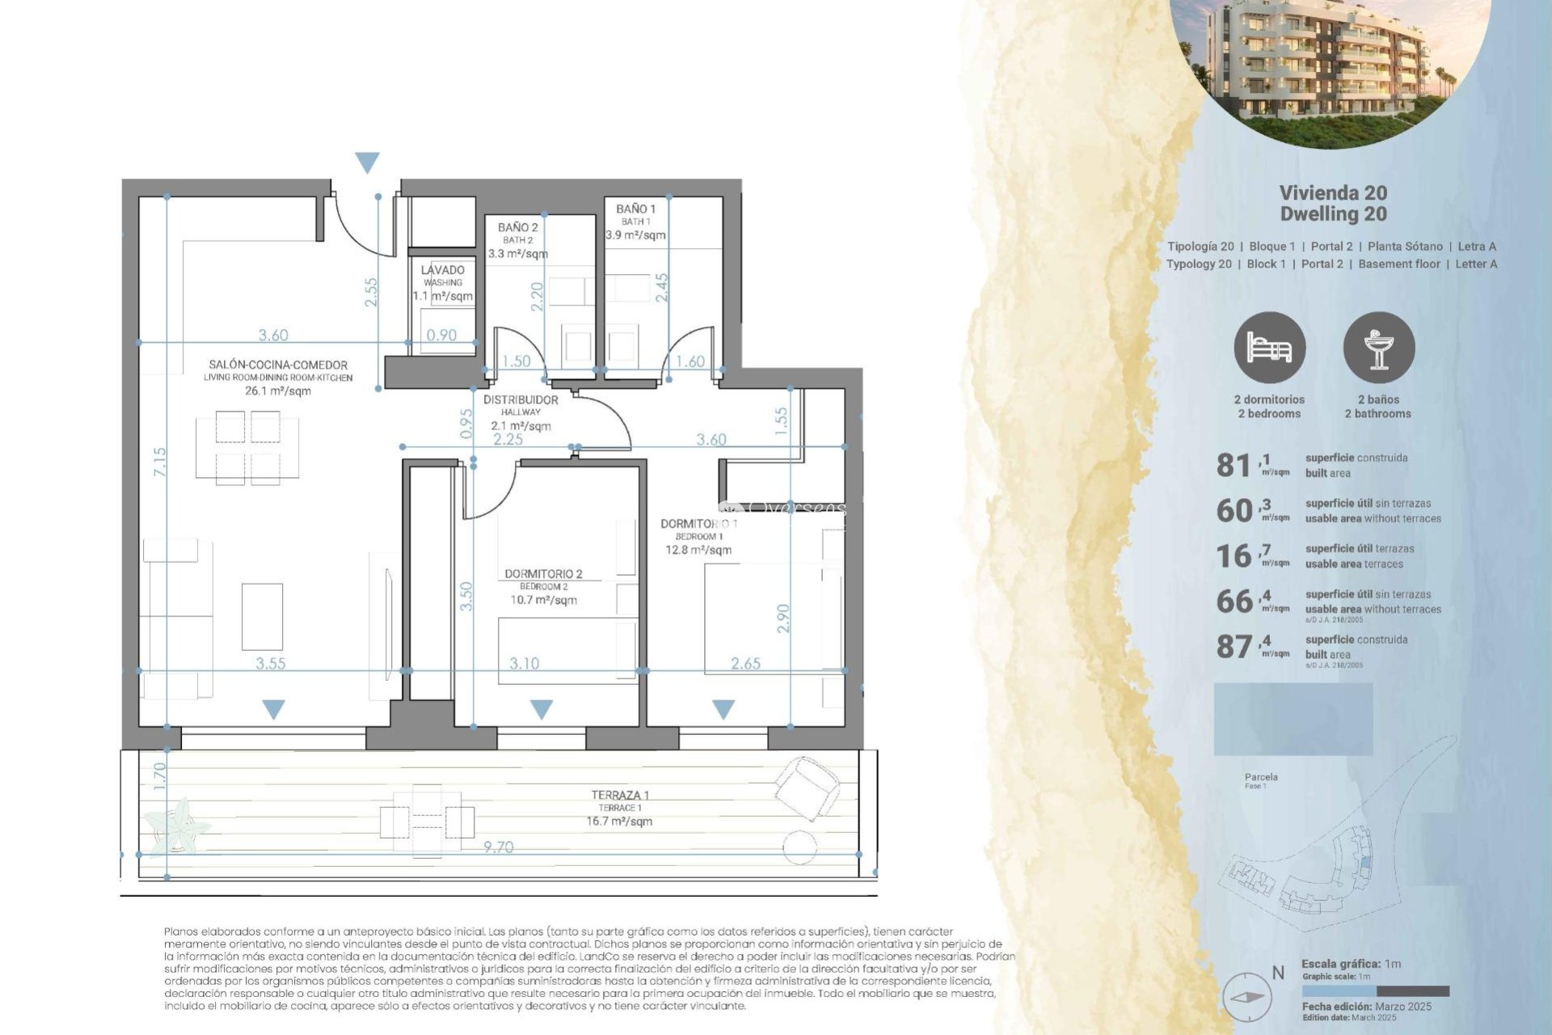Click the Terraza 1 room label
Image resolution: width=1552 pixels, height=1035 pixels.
(x=620, y=796)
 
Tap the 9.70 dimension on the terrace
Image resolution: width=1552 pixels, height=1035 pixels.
(x=498, y=847)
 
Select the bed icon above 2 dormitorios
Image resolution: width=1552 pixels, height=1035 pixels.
(x=1269, y=349)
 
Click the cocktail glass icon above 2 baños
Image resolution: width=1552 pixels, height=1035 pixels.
(x=1378, y=349)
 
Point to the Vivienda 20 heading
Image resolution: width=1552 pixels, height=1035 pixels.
(x=1333, y=193)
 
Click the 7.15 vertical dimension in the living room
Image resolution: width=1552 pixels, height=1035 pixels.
(x=159, y=462)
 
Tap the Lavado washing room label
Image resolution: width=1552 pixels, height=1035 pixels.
(x=442, y=270)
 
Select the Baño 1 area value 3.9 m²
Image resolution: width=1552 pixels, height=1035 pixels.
(x=635, y=235)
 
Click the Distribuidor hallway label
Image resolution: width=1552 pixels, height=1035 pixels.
(x=521, y=400)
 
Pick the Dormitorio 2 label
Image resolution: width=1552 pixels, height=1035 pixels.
(x=543, y=574)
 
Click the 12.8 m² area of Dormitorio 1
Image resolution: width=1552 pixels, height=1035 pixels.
(x=698, y=550)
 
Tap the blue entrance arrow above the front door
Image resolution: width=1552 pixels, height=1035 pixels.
(x=367, y=163)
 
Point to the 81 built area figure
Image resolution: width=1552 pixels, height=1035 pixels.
(x=1234, y=466)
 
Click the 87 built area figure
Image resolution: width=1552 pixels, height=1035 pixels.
(x=1234, y=647)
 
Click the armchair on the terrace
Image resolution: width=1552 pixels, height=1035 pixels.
(x=807, y=787)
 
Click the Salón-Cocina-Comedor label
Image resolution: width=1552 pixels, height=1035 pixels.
(x=278, y=365)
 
